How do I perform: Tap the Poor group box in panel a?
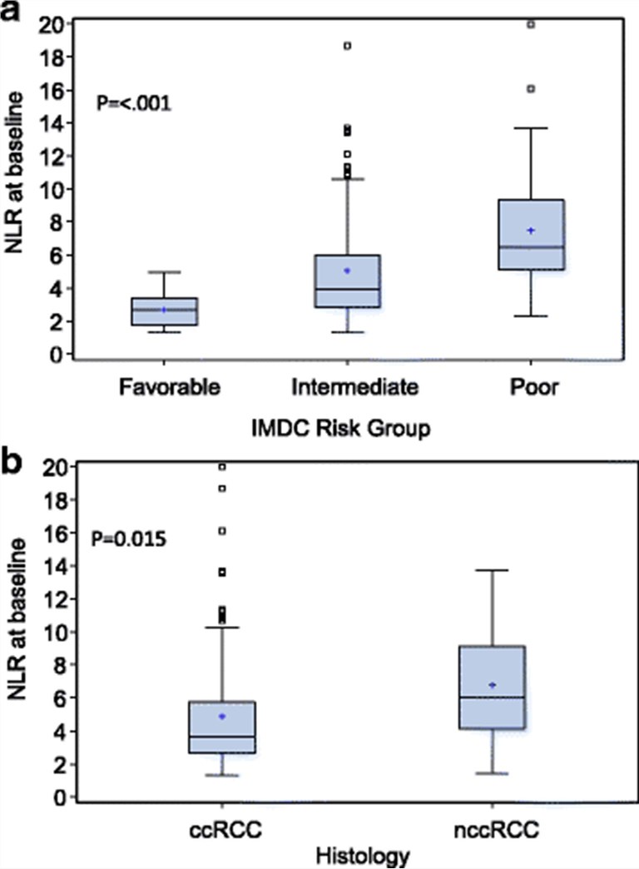531,235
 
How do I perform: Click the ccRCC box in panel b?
222,727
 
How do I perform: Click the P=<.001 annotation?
134,105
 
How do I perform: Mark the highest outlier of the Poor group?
531,24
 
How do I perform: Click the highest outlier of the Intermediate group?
348,46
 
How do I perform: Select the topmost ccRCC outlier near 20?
222,467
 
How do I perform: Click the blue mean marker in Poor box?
531,231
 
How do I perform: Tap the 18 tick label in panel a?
53,57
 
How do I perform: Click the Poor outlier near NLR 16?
531,89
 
